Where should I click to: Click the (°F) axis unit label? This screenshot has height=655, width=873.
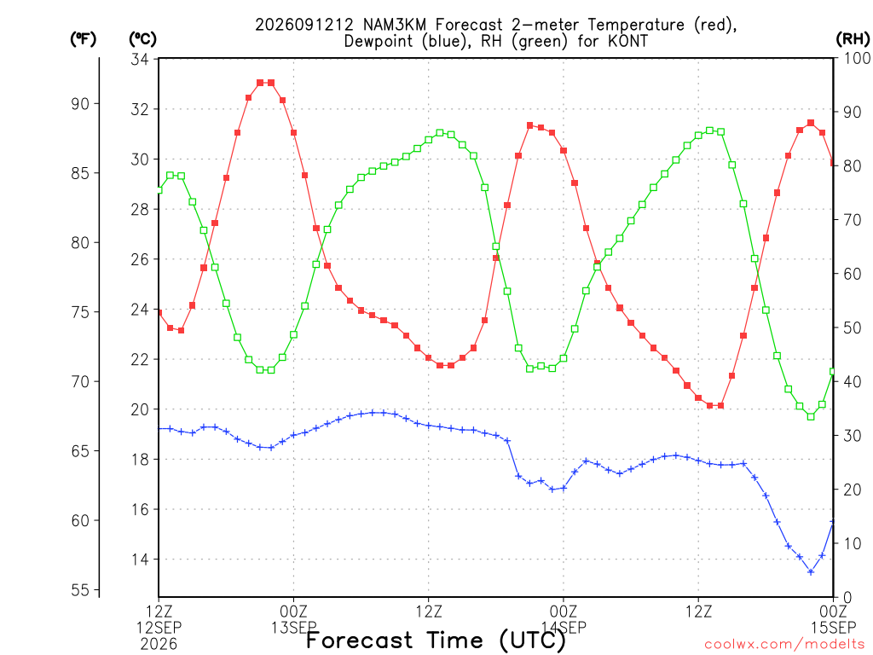tap(83, 39)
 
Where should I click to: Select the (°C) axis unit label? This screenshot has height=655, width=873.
tap(142, 39)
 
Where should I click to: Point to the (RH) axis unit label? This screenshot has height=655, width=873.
tap(853, 39)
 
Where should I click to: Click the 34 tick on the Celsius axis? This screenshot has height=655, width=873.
tap(140, 59)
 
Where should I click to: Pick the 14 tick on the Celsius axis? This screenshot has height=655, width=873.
tap(140, 559)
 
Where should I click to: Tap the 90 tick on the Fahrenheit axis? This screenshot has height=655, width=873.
tap(81, 103)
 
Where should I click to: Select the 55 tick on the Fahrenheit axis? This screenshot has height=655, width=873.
tap(81, 590)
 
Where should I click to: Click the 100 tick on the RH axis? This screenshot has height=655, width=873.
tap(857, 58)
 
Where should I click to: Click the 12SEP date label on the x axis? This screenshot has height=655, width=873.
tap(159, 627)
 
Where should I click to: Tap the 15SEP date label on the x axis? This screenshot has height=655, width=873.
tap(834, 627)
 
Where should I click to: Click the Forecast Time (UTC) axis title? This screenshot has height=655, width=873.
tap(436, 641)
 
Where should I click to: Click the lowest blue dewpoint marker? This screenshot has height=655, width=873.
tap(811, 572)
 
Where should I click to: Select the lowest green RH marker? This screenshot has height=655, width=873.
tap(811, 416)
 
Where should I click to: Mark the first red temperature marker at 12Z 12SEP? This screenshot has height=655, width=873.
tap(159, 313)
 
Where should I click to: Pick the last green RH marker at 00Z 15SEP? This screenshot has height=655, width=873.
tap(833, 372)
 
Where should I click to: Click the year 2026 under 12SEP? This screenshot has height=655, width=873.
tap(159, 645)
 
